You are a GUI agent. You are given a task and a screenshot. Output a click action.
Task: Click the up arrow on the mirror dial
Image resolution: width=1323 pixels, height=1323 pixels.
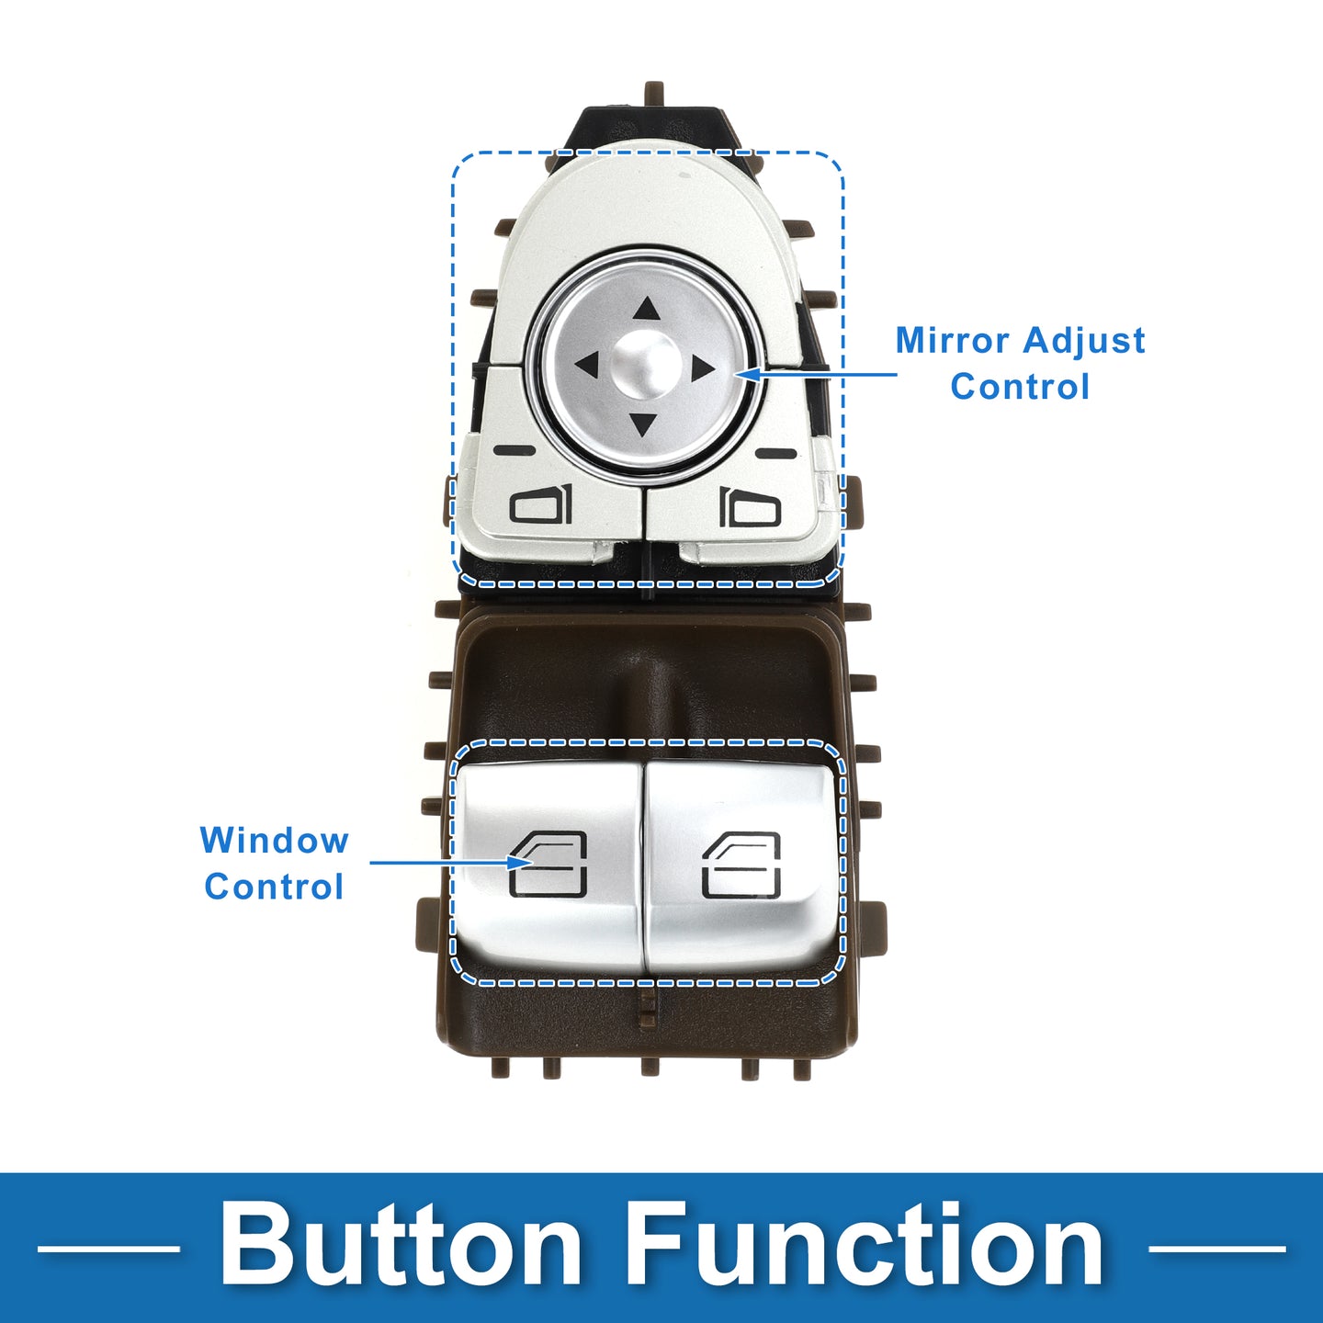click(x=645, y=310)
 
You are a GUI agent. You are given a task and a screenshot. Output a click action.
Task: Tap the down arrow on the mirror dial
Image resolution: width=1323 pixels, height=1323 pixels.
click(x=642, y=424)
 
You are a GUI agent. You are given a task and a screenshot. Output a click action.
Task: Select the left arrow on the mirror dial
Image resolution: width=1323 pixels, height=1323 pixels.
click(x=588, y=365)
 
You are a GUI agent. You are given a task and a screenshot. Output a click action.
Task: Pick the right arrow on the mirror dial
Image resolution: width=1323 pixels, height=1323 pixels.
click(x=702, y=368)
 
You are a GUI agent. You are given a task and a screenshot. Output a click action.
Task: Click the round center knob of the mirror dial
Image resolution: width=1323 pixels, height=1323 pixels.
click(x=644, y=366)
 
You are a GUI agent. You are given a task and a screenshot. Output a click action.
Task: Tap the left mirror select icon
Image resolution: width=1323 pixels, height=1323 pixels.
click(x=541, y=505)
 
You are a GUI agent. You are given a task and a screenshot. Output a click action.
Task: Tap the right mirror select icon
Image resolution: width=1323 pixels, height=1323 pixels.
click(x=750, y=507)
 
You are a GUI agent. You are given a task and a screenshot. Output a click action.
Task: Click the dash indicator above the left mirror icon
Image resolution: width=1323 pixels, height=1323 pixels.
click(x=514, y=451)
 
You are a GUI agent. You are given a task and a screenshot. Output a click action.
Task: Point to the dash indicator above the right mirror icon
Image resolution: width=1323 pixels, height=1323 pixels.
click(x=775, y=454)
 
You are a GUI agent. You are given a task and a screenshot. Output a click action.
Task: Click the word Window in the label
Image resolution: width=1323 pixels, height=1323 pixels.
click(x=275, y=841)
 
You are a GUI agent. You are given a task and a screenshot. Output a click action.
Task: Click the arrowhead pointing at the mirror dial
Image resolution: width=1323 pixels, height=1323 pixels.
click(x=746, y=374)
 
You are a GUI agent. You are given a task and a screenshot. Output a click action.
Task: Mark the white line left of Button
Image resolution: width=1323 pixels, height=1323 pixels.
click(x=108, y=1249)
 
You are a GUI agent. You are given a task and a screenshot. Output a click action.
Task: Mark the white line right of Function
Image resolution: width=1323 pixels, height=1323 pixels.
click(x=1216, y=1249)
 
